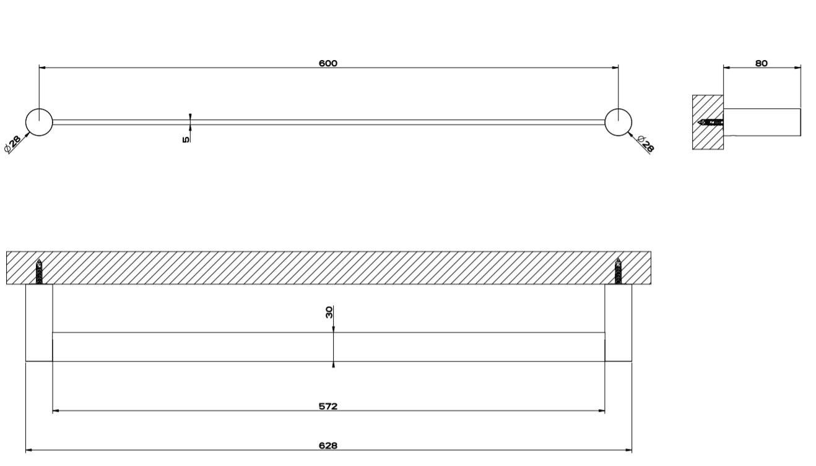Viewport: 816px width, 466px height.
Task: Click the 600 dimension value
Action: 328,63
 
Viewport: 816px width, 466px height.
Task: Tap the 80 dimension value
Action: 762,63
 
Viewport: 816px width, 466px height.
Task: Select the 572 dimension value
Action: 328,407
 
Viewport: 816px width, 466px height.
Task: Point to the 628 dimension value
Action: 328,446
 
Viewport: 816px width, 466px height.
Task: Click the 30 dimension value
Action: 329,313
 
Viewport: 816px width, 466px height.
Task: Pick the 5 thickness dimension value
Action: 186,139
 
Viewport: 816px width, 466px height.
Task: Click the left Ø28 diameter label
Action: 12,144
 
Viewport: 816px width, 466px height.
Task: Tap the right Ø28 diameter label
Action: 646,144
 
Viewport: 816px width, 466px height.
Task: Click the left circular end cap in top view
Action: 39,123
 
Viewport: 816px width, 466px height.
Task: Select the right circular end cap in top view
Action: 619,123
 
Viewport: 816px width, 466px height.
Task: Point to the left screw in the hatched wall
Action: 39,271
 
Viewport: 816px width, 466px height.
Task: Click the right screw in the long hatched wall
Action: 618,271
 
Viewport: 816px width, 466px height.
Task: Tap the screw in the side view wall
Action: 710,123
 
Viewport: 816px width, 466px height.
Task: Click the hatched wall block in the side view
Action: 708,123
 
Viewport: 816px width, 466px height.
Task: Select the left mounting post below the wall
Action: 39,323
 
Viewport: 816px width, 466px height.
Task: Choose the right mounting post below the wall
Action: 619,323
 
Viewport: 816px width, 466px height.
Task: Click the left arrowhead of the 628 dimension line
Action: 28,451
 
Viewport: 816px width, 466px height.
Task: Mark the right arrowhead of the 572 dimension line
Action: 602,411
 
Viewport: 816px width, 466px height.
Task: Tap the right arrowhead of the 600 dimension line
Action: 615,67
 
